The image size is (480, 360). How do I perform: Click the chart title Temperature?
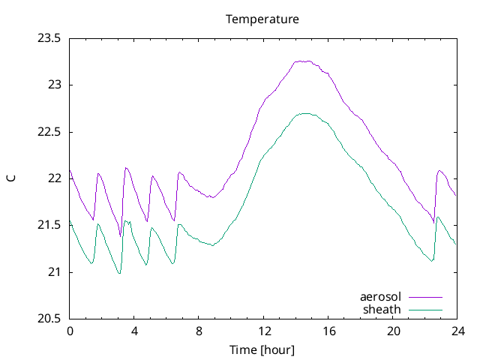tap(262, 19)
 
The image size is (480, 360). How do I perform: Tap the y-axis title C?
tap(10, 178)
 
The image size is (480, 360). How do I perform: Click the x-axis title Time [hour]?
tap(262, 350)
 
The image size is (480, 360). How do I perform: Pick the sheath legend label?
tap(382, 309)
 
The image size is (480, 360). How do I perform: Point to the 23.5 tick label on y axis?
tap(49, 38)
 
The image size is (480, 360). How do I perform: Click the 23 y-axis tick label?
tap(55, 85)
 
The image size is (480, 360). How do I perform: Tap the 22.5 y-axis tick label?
tap(49, 132)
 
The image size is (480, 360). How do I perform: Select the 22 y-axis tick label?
tap(55, 178)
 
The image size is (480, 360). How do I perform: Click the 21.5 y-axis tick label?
tap(49, 226)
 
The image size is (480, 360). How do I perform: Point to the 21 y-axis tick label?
tap(55, 272)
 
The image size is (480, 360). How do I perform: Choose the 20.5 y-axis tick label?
tap(49, 319)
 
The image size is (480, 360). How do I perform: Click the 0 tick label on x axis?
tap(70, 331)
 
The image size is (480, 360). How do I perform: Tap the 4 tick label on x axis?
tap(134, 331)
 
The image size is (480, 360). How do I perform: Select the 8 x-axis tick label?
tap(199, 331)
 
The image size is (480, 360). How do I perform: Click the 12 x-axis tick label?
tap(264, 331)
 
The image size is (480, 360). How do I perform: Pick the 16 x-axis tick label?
tap(328, 331)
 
